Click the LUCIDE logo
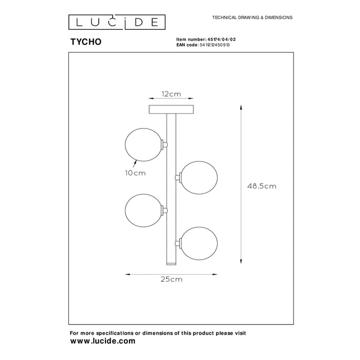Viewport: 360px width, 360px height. click(x=117, y=22)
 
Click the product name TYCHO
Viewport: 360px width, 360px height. click(x=86, y=42)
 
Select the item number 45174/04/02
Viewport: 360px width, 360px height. click(x=222, y=40)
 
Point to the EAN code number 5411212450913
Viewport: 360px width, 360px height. click(x=214, y=45)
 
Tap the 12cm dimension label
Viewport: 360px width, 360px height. click(x=171, y=94)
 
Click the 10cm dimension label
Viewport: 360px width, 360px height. click(x=135, y=173)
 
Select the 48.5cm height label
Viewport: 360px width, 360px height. click(x=262, y=186)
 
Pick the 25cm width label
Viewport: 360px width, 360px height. click(x=171, y=279)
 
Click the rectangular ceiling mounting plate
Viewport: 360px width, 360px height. click(x=171, y=110)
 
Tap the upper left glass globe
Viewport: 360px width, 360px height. click(x=143, y=145)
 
